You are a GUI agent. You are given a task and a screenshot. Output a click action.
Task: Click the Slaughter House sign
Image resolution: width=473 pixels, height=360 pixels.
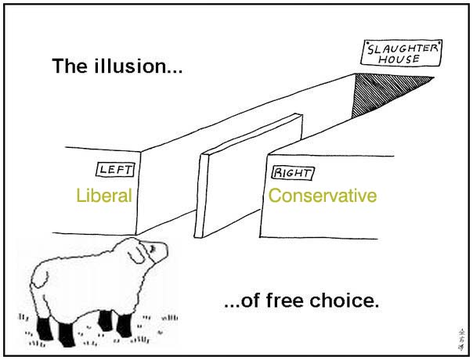tap(401, 53)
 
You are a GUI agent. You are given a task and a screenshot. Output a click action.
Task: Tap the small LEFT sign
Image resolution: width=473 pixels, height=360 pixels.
tap(115, 170)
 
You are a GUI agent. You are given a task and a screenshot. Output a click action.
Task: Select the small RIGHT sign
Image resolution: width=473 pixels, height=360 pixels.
tap(292, 173)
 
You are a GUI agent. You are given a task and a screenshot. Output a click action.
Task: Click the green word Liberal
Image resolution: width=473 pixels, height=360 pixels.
tap(104, 195)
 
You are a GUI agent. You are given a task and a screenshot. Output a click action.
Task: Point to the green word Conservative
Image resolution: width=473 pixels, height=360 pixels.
tap(323, 196)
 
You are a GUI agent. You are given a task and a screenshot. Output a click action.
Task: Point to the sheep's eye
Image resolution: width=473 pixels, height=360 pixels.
tap(153, 248)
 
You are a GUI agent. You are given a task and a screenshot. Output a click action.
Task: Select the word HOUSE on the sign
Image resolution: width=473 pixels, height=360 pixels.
tap(399, 59)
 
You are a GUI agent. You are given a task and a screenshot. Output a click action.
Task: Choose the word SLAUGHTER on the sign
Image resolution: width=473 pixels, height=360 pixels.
tap(402, 49)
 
